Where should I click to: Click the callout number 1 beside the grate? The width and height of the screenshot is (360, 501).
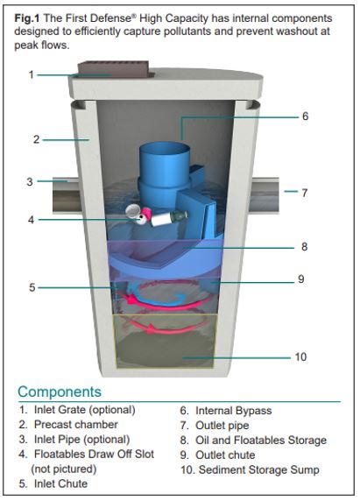(31, 74)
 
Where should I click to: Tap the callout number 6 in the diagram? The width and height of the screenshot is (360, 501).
(305, 116)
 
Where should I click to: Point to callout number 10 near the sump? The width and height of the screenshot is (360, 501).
(300, 356)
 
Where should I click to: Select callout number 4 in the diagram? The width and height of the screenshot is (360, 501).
(31, 220)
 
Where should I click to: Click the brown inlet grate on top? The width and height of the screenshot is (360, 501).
(114, 69)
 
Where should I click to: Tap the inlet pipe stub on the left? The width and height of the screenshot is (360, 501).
(66, 195)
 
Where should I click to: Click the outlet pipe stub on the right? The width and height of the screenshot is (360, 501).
(265, 195)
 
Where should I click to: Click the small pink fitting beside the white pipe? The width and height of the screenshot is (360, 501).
(146, 212)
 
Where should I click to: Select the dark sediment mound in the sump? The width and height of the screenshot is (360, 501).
(165, 349)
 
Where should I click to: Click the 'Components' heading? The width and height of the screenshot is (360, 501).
(60, 392)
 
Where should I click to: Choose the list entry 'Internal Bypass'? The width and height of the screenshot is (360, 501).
(226, 411)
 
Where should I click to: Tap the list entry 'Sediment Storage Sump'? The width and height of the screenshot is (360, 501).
(250, 469)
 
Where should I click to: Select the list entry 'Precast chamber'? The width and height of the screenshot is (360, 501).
(68, 424)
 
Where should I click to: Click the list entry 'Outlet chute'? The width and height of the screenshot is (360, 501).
(217, 455)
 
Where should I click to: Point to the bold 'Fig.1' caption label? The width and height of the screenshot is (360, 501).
(27, 18)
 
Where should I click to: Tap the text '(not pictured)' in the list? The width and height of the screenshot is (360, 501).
(64, 469)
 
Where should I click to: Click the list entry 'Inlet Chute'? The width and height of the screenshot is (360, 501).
(53, 483)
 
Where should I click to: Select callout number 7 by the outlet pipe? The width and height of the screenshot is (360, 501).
(305, 193)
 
